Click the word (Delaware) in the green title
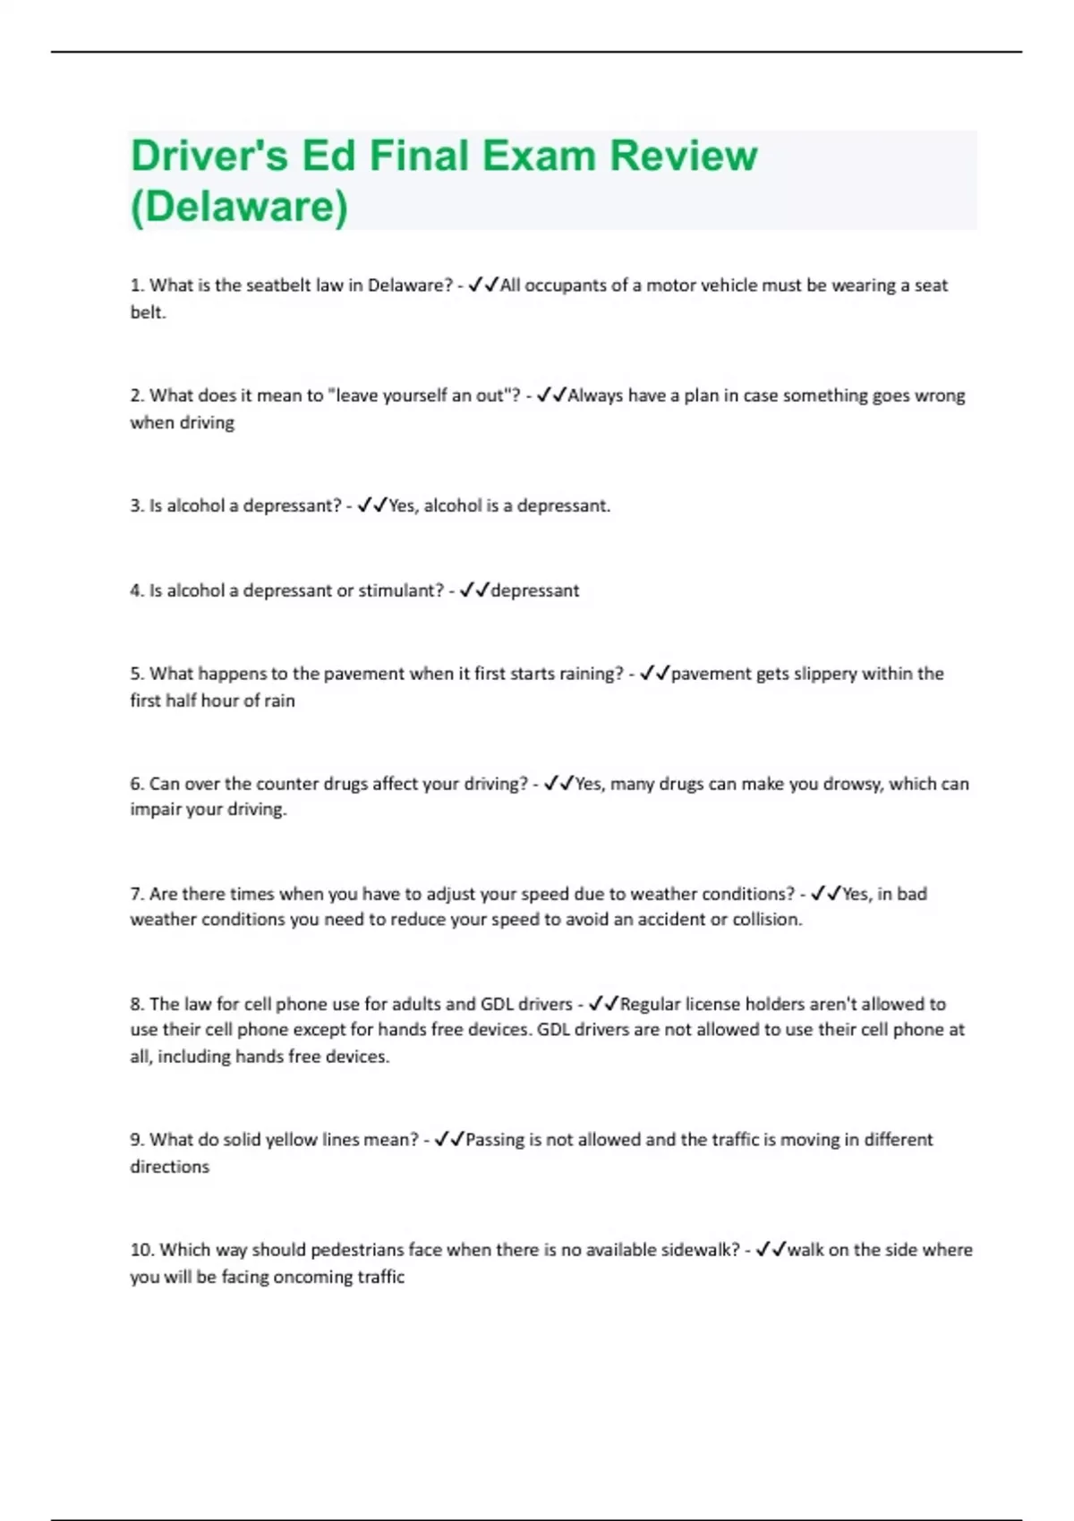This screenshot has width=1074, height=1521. pyautogui.click(x=239, y=206)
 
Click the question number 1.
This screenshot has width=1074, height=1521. pyautogui.click(x=137, y=285)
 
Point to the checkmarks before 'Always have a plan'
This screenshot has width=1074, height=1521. pyautogui.click(x=551, y=395)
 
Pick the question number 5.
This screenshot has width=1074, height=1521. pyautogui.click(x=137, y=674)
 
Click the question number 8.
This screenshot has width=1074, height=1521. pyautogui.click(x=137, y=1004)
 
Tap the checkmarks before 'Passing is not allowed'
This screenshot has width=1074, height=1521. pyautogui.click(x=449, y=1140)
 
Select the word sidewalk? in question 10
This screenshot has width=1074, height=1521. pyautogui.click(x=701, y=1250)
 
